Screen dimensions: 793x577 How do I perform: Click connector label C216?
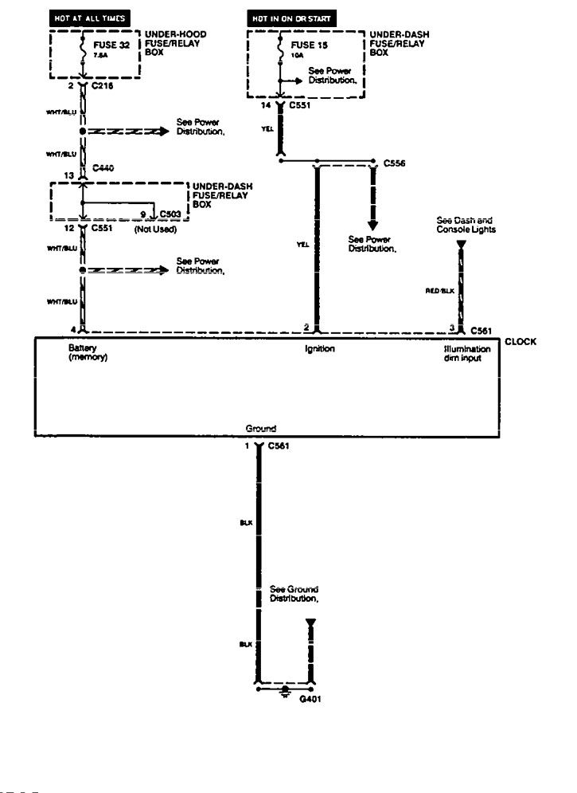103,84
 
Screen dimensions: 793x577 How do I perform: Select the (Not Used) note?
154,230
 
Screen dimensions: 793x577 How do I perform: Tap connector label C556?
395,163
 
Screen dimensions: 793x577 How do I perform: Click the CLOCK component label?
520,342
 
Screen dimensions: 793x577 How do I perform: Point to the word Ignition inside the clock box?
319,349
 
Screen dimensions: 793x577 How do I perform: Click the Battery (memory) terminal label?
88,353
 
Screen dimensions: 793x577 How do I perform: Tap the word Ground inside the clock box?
261,429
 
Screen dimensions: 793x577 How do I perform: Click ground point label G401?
310,699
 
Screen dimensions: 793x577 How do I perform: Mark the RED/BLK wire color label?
439,292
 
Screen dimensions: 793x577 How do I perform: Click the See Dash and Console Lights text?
466,225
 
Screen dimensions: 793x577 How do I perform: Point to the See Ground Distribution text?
294,594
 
